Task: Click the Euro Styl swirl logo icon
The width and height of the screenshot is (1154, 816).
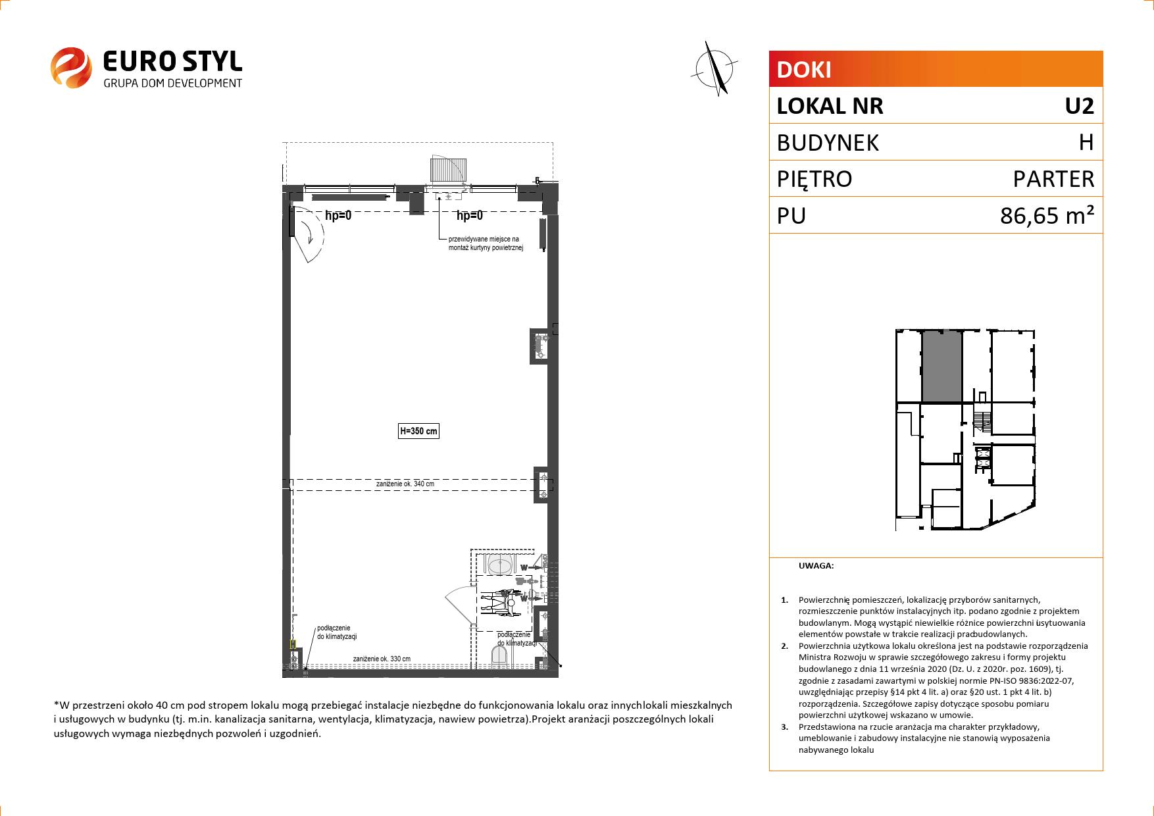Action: (x=70, y=66)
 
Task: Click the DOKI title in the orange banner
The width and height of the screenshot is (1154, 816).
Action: (x=804, y=70)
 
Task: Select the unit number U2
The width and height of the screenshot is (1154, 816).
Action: (x=1079, y=106)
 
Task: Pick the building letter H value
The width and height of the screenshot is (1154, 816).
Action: (x=1086, y=142)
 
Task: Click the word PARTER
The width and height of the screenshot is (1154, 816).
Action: (x=1053, y=179)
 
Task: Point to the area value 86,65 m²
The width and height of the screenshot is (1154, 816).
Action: (x=1047, y=215)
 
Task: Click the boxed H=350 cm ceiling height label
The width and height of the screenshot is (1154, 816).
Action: (x=418, y=432)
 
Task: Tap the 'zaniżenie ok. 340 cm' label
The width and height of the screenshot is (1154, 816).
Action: (x=405, y=484)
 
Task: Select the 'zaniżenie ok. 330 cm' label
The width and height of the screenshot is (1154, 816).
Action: (x=382, y=659)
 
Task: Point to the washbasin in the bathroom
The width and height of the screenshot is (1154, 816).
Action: (x=501, y=564)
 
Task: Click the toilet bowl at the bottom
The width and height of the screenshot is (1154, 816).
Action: (x=500, y=655)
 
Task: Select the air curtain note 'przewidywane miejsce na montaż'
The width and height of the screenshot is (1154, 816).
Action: (x=485, y=243)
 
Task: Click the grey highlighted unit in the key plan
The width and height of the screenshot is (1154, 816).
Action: (x=941, y=367)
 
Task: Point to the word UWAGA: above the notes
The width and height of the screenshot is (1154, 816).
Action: (x=816, y=565)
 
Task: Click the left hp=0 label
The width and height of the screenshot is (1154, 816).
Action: (x=338, y=216)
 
